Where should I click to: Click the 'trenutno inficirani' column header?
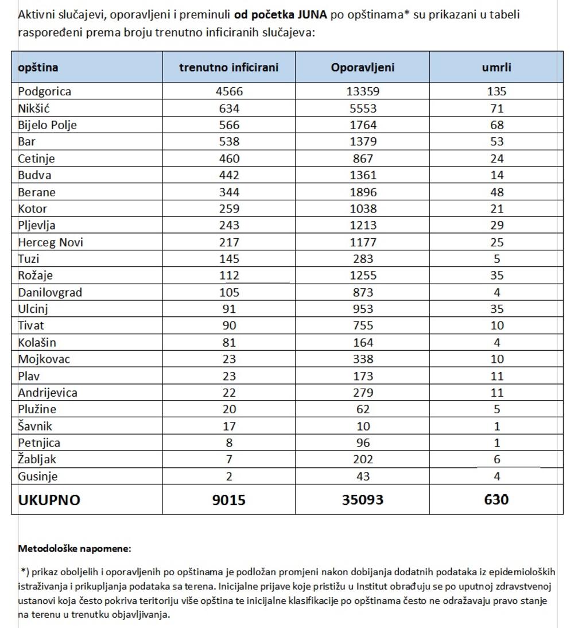228,67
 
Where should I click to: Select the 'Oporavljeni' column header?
362,67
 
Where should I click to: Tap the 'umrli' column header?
496,67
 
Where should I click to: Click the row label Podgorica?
45,91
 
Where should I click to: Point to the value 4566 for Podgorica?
228,91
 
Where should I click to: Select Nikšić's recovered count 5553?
363,108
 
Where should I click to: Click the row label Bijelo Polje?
47,125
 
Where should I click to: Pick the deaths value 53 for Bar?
497,141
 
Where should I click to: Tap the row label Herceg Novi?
51,242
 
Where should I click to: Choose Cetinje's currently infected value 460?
228,158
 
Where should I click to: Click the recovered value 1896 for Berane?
363,192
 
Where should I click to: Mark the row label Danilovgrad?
50,292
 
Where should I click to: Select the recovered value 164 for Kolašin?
363,343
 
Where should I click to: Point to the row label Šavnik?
36,426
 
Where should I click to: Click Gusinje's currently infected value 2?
228,476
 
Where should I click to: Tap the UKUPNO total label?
49,499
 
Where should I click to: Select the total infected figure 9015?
228,499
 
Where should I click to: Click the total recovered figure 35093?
363,499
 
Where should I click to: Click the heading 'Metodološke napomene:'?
75,548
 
